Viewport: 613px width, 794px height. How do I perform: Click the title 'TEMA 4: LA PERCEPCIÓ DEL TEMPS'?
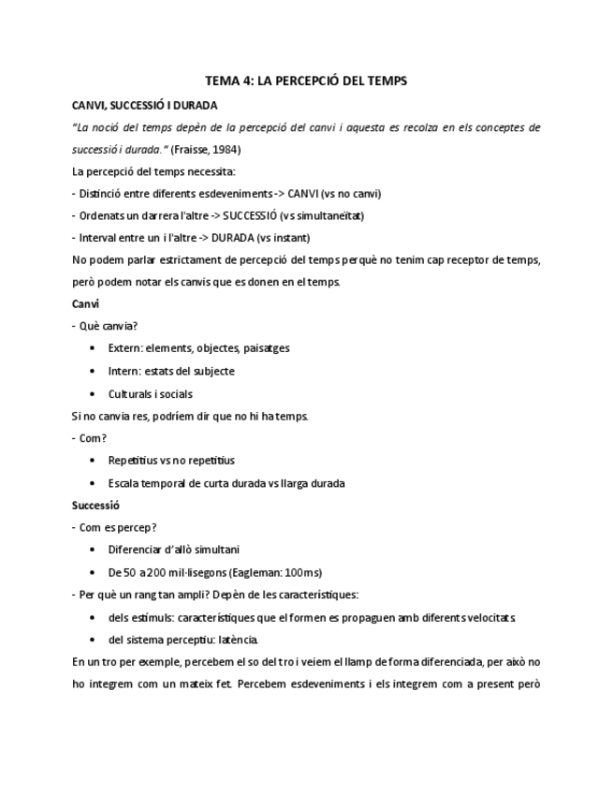pos(306,81)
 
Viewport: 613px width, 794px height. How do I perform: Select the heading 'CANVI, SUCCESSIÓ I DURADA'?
pos(145,104)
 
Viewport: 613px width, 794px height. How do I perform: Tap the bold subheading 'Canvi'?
pos(85,304)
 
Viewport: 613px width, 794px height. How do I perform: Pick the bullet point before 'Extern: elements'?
pos(92,348)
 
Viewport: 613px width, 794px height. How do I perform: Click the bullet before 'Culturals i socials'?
pos(92,394)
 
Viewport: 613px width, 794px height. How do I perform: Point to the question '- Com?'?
pos(90,438)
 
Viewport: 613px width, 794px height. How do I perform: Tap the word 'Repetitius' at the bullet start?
pos(132,461)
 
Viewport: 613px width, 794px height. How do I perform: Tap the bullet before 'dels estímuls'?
pos(92,618)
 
